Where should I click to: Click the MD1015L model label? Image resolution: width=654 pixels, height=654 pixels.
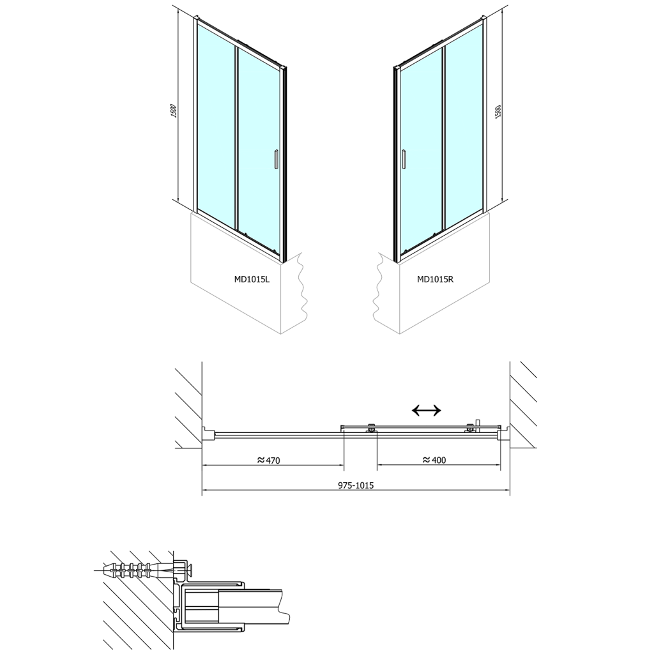pos(252,280)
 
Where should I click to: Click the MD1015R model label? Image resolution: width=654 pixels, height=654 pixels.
pos(435,280)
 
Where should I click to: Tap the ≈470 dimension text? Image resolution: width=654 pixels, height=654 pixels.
pos(268,460)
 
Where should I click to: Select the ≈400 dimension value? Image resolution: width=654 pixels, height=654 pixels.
pos(434,460)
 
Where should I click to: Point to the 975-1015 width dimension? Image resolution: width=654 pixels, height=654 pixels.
pos(356,485)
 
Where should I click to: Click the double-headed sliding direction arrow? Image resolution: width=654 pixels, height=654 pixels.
pos(426,411)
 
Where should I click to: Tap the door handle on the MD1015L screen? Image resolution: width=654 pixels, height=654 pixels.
pos(275,159)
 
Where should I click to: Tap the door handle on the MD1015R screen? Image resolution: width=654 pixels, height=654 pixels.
pos(404,159)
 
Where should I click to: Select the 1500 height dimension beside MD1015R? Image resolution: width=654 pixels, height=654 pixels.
pos(497,111)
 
